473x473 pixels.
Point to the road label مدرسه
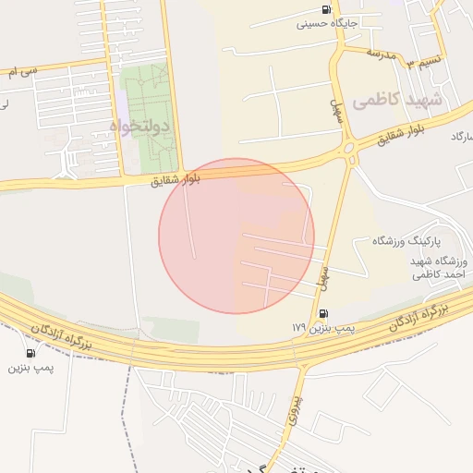click(380, 53)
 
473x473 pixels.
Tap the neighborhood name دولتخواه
click(141, 126)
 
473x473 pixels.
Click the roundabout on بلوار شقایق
click(349, 148)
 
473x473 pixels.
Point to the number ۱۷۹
click(297, 328)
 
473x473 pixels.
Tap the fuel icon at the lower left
click(31, 353)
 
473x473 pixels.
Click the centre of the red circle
click(236, 236)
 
